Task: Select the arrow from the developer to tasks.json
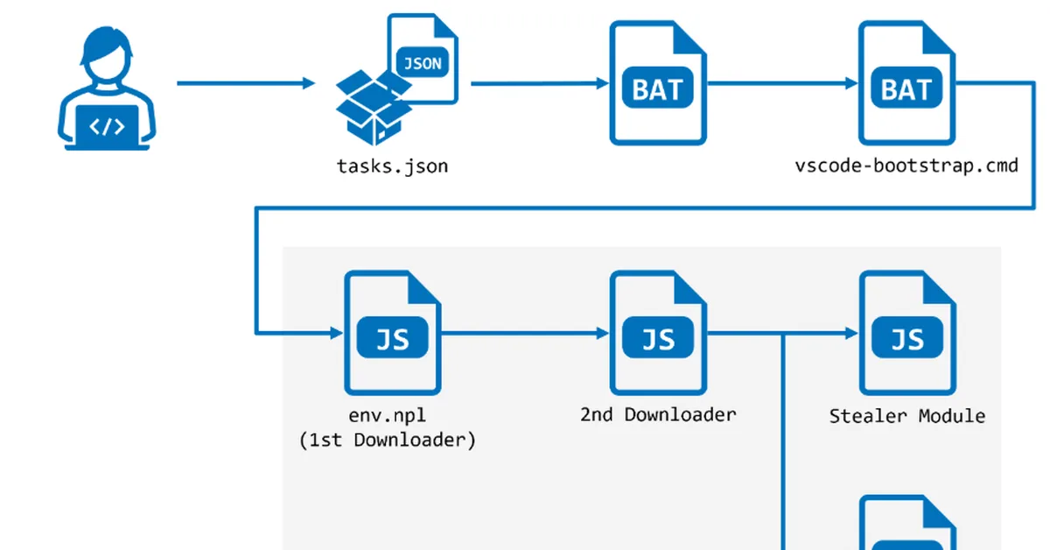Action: (245, 83)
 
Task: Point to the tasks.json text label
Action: (392, 166)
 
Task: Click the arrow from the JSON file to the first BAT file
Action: (539, 83)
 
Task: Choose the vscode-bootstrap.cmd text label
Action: (906, 166)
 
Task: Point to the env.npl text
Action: (388, 415)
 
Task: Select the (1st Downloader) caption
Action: (388, 440)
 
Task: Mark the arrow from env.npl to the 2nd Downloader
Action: (525, 333)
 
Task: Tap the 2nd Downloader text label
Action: (658, 414)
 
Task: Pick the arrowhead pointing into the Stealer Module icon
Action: (850, 333)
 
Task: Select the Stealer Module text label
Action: (906, 416)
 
